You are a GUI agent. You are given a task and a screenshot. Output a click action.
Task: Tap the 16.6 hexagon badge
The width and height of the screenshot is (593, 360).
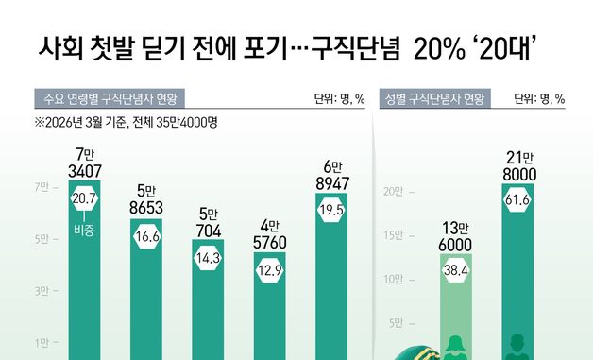146,238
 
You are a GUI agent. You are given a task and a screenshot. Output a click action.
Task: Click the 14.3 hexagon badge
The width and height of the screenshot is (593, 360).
208,258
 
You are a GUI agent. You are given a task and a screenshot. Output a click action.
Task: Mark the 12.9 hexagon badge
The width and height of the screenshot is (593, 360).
270,273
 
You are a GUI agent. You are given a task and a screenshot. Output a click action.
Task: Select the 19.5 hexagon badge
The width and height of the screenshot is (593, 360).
332,212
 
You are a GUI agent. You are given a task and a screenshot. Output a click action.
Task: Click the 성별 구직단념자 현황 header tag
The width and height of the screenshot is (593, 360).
434,99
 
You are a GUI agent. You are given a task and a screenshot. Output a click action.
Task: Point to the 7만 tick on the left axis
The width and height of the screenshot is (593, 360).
42,188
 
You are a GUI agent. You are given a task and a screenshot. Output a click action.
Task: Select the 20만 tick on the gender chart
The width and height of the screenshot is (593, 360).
395,192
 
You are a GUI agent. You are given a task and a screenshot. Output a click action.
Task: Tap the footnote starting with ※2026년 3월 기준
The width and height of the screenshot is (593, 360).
126,123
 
